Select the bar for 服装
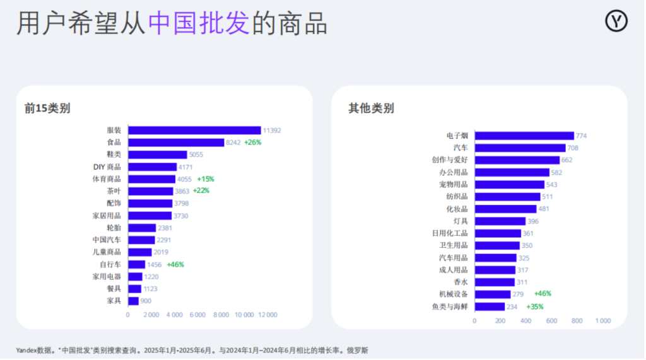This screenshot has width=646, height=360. (x=194, y=131)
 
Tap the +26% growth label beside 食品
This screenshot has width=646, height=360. (x=252, y=142)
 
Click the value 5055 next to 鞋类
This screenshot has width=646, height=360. (x=196, y=154)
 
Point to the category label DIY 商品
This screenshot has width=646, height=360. (x=107, y=167)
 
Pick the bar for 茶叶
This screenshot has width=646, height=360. (x=150, y=191)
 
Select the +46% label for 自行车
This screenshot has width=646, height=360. (x=175, y=264)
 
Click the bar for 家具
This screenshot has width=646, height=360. (x=133, y=301)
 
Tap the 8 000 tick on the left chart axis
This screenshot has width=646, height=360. (x=221, y=315)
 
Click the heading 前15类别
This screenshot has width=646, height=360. (x=47, y=108)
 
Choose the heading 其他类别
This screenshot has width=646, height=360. (x=371, y=108)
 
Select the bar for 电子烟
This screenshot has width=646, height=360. (x=524, y=136)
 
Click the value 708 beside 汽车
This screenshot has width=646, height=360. (x=575, y=148)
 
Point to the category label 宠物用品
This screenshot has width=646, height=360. (x=454, y=185)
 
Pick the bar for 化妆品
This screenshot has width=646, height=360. (x=505, y=209)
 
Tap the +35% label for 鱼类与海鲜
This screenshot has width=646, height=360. (x=535, y=306)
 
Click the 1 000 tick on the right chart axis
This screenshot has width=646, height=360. (x=602, y=321)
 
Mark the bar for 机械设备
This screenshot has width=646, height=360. (x=493, y=294)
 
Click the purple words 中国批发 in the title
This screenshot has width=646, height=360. (x=199, y=24)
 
